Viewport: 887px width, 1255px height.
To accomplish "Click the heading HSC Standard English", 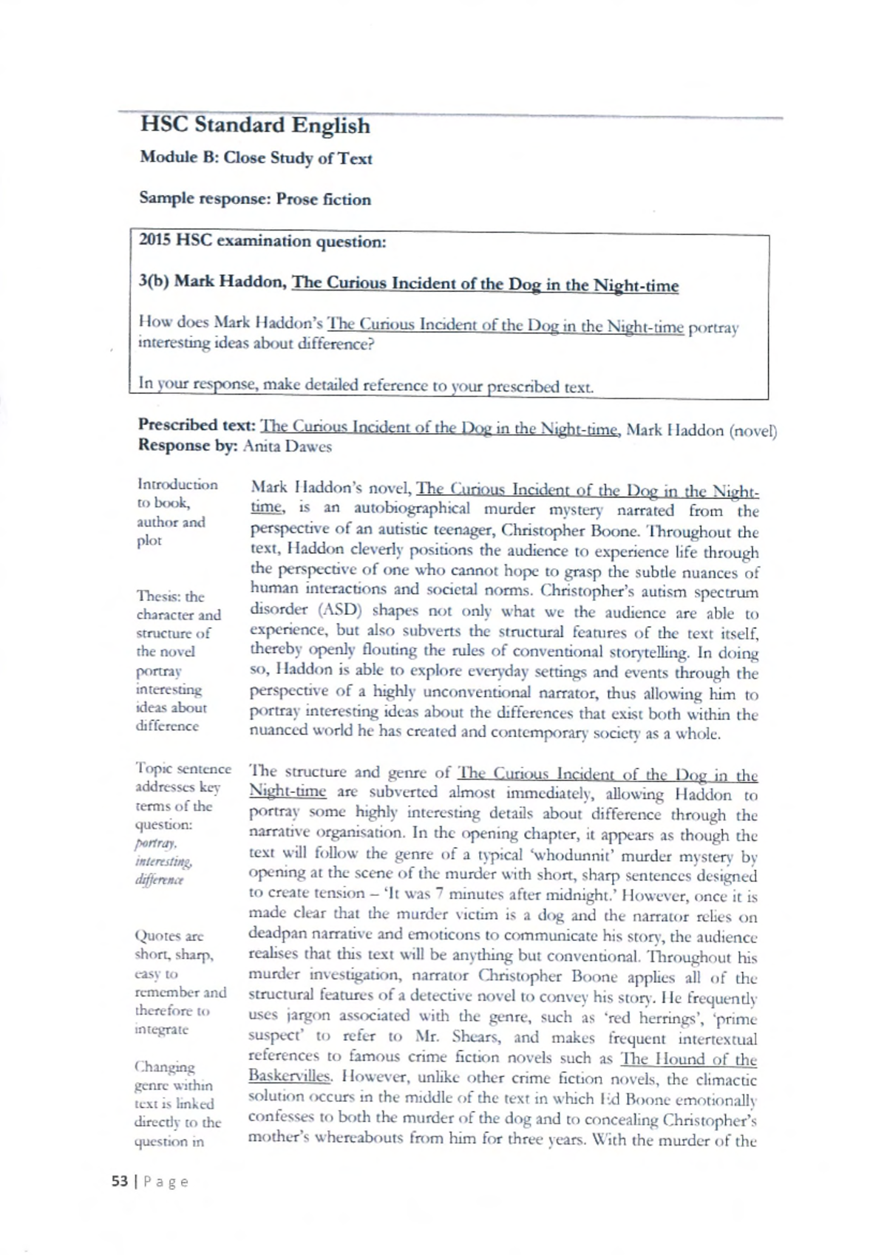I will click(x=255, y=125).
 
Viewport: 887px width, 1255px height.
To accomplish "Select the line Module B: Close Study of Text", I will click(x=256, y=158).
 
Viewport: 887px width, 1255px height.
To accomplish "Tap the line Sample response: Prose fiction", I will click(x=255, y=199).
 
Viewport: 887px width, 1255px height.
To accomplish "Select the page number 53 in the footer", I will click(x=120, y=1181).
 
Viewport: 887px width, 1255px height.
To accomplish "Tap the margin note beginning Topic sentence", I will click(x=183, y=769).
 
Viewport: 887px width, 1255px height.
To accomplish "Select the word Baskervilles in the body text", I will click(x=289, y=1076).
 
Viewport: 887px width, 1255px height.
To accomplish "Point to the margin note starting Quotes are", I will click(x=169, y=936).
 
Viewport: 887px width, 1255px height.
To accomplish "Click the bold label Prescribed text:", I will click(x=197, y=426).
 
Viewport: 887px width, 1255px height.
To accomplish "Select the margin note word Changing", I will click(x=165, y=1067).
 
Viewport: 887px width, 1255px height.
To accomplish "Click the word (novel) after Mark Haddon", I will click(x=752, y=432).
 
